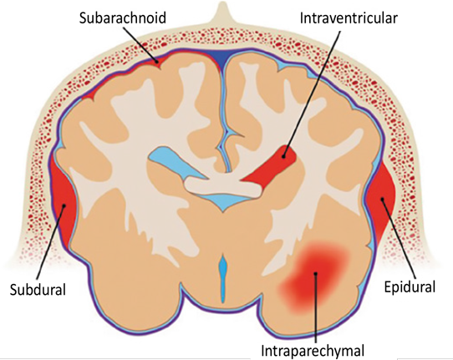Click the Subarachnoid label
pos(123,18)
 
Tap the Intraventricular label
pos(349,18)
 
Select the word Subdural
pos(38,289)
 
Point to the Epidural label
pos(410,286)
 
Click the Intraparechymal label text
pos(313,351)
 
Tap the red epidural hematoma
pos(381,199)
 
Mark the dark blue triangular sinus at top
pos(222,57)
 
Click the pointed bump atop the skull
pos(221,13)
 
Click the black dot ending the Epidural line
pos(382,199)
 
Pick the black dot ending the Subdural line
pos(64,205)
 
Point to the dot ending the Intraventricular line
pos(284,157)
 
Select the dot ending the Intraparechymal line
pos(316,273)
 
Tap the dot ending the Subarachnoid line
pos(156,61)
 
